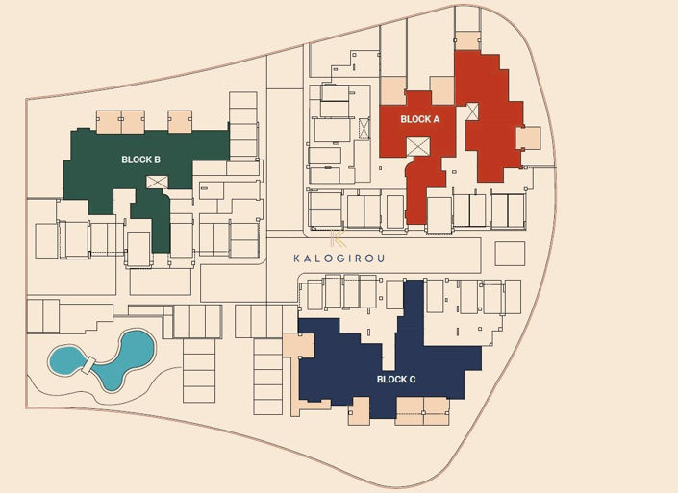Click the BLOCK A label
(x=419, y=119)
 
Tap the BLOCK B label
(x=141, y=159)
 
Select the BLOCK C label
(x=396, y=380)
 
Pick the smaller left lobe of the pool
(x=65, y=361)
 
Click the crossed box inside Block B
(x=158, y=182)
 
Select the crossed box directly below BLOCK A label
(x=418, y=146)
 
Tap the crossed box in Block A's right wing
(x=472, y=111)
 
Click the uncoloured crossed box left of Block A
(x=364, y=128)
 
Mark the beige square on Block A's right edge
(x=528, y=138)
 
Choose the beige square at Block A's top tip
(x=467, y=39)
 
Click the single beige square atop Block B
(x=180, y=121)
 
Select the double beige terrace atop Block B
(x=120, y=122)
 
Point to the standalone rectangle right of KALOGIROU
(x=510, y=254)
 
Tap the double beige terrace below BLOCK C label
(x=422, y=410)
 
